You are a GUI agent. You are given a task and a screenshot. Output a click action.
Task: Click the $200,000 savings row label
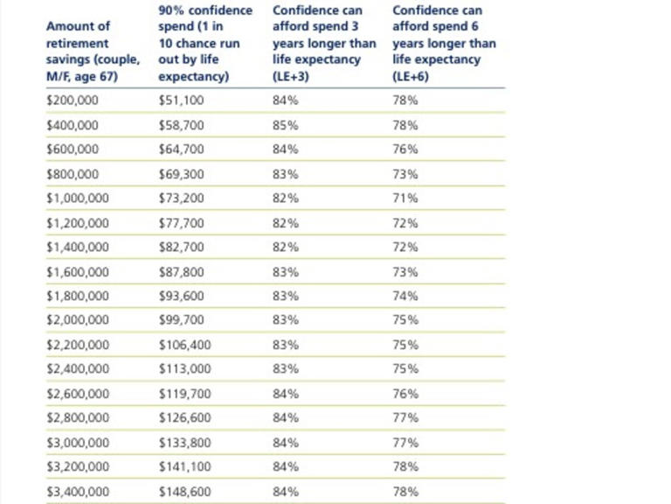click(73, 101)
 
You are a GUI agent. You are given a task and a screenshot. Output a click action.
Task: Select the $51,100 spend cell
click(181, 101)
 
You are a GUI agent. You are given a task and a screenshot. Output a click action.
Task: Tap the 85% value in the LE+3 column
click(286, 125)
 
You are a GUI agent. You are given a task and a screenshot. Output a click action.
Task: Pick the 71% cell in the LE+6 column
click(405, 198)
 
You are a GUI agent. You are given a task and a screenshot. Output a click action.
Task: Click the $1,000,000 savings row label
click(78, 198)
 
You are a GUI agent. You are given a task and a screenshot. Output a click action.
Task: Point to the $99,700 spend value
click(181, 319)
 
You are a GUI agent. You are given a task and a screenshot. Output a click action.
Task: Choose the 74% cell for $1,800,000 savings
click(405, 296)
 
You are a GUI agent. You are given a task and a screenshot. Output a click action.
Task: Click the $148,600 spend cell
click(185, 492)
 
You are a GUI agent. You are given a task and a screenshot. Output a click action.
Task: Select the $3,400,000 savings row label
click(78, 492)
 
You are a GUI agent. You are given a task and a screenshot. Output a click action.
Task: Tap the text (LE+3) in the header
click(291, 76)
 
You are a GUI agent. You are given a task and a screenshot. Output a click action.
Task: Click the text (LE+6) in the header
click(411, 76)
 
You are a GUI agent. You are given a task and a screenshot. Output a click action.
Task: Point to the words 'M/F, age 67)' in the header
click(82, 76)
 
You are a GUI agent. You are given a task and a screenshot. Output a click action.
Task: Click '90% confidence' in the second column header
click(205, 10)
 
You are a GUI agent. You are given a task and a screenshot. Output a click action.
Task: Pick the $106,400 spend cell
click(185, 345)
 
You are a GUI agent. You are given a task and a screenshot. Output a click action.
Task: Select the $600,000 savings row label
click(73, 149)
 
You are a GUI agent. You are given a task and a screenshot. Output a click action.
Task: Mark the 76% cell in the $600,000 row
click(405, 149)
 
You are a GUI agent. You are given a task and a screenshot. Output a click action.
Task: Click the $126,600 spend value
click(185, 417)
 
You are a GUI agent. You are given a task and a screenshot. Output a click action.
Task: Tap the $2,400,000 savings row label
click(78, 368)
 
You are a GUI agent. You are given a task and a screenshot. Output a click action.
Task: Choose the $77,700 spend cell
click(181, 223)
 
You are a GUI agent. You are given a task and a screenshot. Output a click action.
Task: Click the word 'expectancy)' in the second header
click(193, 76)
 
